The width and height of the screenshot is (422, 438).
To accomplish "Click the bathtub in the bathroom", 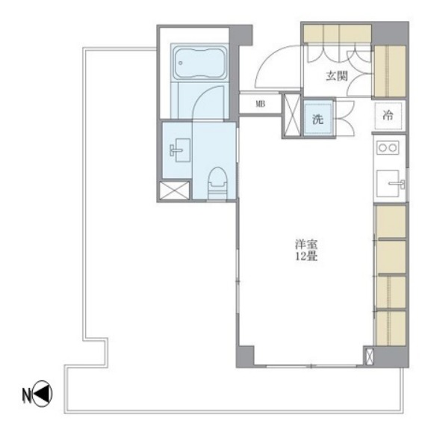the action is (x=199, y=63).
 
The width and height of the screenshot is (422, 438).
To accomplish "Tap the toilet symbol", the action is (x=217, y=184).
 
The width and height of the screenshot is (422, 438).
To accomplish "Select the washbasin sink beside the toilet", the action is (x=180, y=150).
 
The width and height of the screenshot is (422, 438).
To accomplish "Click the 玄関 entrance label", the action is (x=337, y=76).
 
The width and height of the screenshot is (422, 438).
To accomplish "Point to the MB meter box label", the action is (x=261, y=104).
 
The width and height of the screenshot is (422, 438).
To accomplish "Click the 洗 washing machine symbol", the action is (x=318, y=119).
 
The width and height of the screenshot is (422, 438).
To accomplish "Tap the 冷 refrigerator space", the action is (x=388, y=116).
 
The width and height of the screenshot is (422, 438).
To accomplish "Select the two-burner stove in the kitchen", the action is (x=388, y=147).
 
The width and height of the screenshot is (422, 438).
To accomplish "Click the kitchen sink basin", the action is (x=388, y=183).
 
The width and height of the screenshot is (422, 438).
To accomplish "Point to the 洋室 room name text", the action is (x=306, y=244).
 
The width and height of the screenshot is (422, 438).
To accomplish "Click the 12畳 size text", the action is (x=306, y=256).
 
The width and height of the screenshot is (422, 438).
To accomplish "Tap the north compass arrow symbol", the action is (x=43, y=394).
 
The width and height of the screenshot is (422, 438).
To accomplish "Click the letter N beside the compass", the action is (x=26, y=395).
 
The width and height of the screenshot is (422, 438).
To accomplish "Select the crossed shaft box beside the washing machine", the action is (x=291, y=115).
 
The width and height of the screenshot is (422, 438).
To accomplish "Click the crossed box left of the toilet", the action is (x=175, y=191).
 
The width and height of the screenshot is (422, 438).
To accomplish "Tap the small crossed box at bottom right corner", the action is (x=369, y=356).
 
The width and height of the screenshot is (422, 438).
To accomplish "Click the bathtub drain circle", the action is (x=181, y=63).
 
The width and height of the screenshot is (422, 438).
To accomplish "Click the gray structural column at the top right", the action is (x=391, y=33).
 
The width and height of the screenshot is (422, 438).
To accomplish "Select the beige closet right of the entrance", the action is (x=390, y=71).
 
